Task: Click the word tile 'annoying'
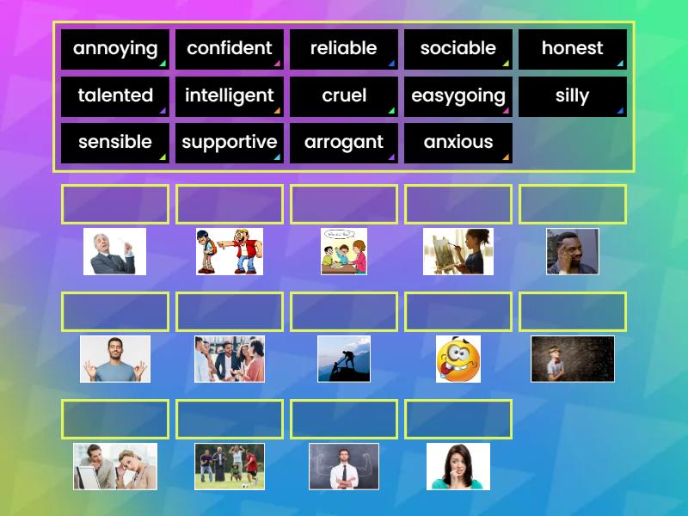point(115,49)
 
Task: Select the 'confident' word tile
point(230,49)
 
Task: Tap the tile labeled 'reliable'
point(344,49)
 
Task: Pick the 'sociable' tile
point(458,49)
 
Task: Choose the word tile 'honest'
point(573,49)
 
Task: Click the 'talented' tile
point(115,96)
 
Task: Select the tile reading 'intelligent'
point(230,96)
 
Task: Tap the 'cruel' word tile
point(344,96)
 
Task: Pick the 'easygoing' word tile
point(458,96)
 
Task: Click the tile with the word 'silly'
point(573,96)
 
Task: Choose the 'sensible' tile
point(115,143)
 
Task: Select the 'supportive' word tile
point(230,143)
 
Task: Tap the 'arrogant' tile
point(344,143)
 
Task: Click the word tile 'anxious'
point(458,143)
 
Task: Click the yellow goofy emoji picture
point(458,359)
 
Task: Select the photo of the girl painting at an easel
point(458,251)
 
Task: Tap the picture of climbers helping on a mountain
point(344,359)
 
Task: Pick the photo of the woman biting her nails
point(458,466)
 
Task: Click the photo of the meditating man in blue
point(115,359)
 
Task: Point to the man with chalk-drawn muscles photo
point(344,466)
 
